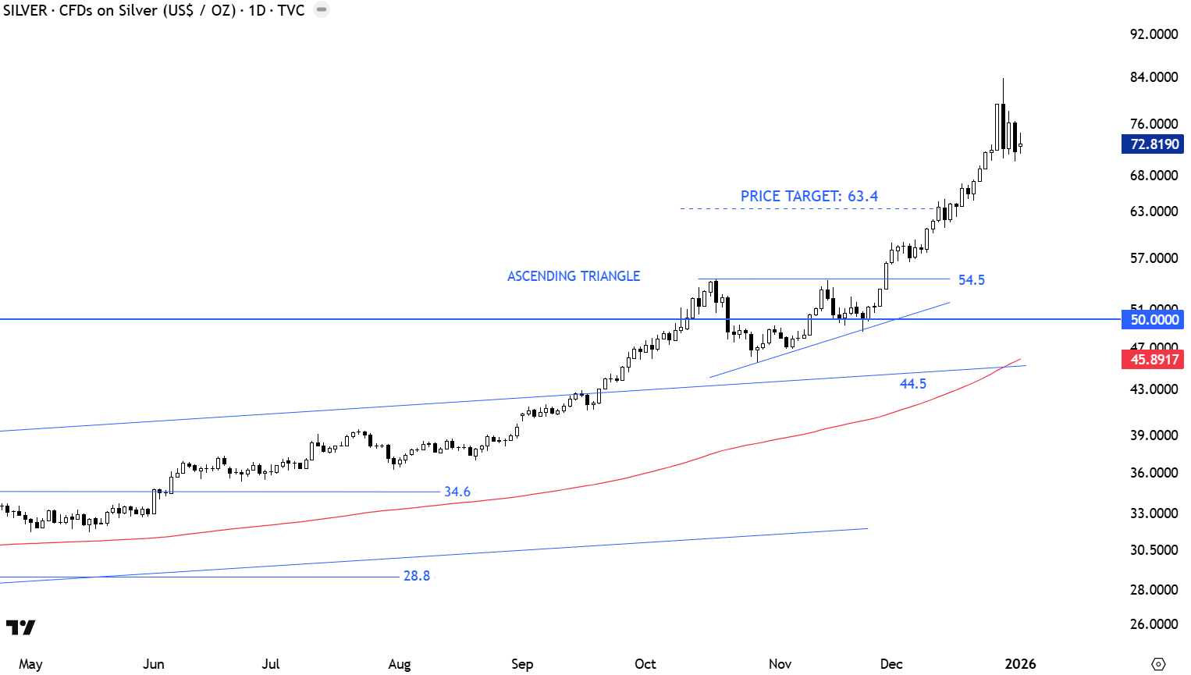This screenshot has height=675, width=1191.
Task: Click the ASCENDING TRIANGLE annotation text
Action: point(574,276)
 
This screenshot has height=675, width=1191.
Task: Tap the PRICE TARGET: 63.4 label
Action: point(809,197)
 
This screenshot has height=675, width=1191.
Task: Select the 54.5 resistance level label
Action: point(971,280)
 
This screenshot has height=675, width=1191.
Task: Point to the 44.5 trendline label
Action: point(912,384)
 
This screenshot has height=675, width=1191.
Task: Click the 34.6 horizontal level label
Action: point(457,492)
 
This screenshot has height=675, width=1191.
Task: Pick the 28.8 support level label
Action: point(416,576)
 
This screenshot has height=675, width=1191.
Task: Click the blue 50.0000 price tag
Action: point(1153,320)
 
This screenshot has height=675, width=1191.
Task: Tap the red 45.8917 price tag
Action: point(1153,360)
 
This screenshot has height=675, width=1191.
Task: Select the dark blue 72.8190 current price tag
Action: point(1153,144)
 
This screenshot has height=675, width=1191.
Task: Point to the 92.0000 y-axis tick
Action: point(1154,34)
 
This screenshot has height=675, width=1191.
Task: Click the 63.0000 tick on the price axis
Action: point(1154,211)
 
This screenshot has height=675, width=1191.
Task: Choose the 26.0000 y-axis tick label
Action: point(1154,624)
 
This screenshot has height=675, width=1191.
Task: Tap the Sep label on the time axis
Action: point(522,664)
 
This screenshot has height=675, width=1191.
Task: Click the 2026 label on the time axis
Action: point(1020,664)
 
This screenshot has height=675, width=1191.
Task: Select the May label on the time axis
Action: point(30,664)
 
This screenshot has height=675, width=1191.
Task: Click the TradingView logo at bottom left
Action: point(20,627)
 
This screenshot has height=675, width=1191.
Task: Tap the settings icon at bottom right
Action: point(1158,664)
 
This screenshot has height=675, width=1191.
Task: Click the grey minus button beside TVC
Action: point(322,10)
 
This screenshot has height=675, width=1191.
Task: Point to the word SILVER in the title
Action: point(25,11)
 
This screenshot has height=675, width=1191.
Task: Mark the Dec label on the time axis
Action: point(891,664)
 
